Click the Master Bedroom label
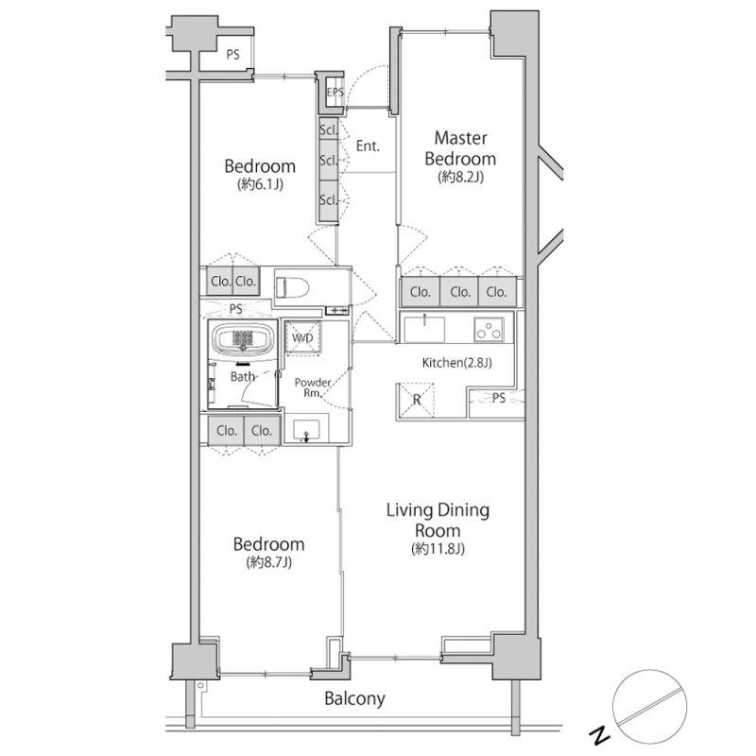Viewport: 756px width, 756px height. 460,148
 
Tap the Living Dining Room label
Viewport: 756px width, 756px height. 438,520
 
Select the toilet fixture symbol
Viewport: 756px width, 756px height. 292,288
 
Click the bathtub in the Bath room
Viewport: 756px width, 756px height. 243,337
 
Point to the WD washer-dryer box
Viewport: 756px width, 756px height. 302,337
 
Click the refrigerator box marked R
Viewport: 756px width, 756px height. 416,399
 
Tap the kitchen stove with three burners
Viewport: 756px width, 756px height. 489,329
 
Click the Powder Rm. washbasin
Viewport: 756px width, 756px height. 306,429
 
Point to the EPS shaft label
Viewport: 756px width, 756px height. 335,92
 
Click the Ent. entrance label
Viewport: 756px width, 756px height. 368,146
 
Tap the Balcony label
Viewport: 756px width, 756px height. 354,698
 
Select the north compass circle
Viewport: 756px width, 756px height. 649,706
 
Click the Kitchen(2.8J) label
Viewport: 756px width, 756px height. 457,363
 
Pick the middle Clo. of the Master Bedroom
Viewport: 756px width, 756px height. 459,291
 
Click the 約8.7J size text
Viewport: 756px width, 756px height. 269,561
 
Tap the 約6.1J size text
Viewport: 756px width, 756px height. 261,183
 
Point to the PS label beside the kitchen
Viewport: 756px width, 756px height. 499,398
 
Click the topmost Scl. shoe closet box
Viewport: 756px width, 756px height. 328,129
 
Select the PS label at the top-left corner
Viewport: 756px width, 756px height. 232,55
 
